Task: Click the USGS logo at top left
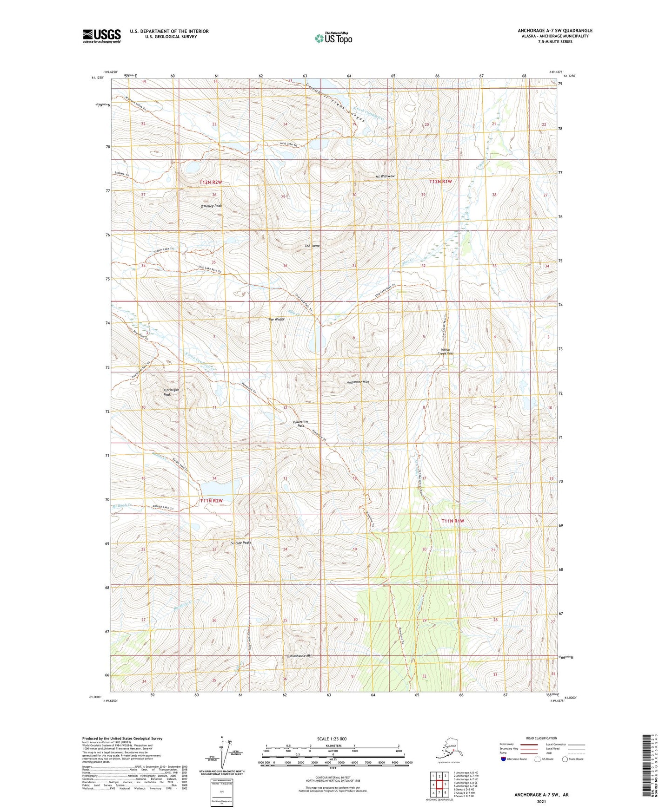coord(102,36)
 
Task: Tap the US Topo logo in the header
coord(333,38)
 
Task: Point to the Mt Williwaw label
coord(385,177)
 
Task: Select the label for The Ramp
coord(312,246)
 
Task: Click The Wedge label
coord(276,319)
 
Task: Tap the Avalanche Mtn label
coord(358,382)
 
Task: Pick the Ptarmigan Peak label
coord(168,392)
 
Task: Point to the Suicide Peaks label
coord(241,543)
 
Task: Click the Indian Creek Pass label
coord(446,351)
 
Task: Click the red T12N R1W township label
coord(440,182)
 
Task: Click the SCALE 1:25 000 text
coord(332,739)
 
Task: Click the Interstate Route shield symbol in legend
coord(503,759)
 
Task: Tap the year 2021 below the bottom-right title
coord(541,801)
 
